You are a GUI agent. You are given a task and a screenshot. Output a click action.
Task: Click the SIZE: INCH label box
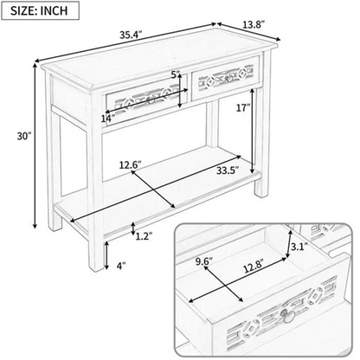click(x=40, y=10)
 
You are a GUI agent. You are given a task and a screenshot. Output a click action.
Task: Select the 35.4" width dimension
click(x=132, y=35)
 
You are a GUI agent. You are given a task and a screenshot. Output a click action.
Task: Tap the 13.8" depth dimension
click(x=253, y=25)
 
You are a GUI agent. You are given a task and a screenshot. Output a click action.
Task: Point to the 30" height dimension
click(x=23, y=136)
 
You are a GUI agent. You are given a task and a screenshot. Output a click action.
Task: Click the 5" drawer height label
click(x=176, y=75)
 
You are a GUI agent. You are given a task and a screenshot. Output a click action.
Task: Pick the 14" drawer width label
click(x=108, y=119)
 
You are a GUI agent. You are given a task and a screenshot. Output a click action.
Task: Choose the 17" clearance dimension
click(x=243, y=108)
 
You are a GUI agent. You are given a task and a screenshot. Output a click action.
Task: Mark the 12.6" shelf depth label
click(x=131, y=165)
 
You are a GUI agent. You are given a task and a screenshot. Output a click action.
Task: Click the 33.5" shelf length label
click(x=228, y=170)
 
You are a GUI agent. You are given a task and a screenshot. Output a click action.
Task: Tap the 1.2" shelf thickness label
click(x=144, y=236)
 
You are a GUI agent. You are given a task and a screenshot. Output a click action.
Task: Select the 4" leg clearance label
click(x=121, y=266)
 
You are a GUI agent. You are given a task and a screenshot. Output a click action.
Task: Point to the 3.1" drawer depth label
click(x=299, y=247)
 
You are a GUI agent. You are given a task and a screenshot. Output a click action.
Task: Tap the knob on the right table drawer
click(x=228, y=79)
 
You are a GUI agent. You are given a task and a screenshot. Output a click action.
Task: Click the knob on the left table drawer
click(x=150, y=100)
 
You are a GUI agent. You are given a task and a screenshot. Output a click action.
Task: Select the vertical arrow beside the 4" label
click(x=106, y=255)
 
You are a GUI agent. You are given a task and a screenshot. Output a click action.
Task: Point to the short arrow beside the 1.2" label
click(x=132, y=228)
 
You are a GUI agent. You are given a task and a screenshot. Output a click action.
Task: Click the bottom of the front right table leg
click(x=96, y=269)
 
